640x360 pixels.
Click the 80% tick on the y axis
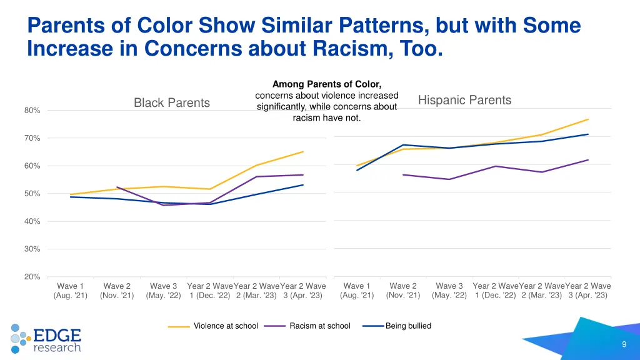(x=32, y=111)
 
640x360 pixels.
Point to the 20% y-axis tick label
(x=32, y=277)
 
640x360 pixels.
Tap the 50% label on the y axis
(x=32, y=194)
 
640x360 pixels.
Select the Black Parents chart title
(x=172, y=102)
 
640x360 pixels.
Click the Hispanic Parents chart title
(x=464, y=100)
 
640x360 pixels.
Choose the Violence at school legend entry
(x=225, y=326)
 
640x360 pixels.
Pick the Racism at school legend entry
(x=319, y=326)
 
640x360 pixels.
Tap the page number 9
(x=624, y=345)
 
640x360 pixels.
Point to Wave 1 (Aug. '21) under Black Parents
(x=71, y=291)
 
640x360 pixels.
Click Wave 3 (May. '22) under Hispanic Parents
(x=449, y=291)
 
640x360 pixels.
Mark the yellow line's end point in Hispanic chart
(x=589, y=119)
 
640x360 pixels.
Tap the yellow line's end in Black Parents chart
(x=303, y=151)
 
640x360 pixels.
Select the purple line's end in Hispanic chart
(x=589, y=160)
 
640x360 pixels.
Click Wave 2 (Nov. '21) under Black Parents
(x=117, y=291)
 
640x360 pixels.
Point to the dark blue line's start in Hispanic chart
(x=357, y=170)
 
